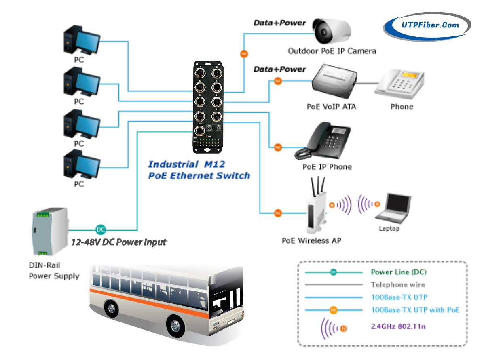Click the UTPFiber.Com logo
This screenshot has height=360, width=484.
427,25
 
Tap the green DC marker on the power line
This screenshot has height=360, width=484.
101,229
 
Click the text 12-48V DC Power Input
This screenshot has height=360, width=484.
118,242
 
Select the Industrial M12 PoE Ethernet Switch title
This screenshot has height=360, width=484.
199,170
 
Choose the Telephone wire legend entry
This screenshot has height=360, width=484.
399,284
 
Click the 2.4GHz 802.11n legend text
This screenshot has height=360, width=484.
398,326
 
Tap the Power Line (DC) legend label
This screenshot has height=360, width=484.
398,272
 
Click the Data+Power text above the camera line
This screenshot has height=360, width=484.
279,23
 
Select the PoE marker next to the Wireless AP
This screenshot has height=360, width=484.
277,213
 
